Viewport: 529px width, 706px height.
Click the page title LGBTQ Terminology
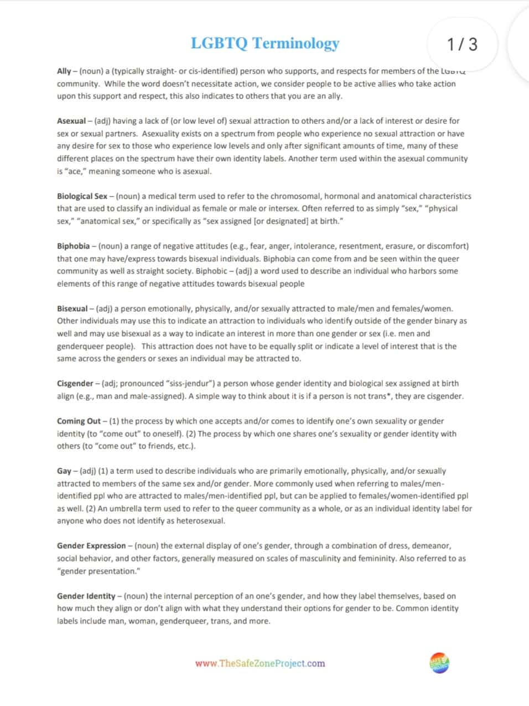tap(264, 43)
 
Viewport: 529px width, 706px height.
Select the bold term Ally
tap(64, 71)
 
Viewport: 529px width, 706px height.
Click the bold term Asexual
tap(71, 121)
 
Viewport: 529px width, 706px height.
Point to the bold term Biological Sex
tap(82, 196)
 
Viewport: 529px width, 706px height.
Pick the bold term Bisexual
tap(72, 308)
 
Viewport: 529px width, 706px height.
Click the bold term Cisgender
tap(75, 383)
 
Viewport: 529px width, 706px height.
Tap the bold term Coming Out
tap(79, 421)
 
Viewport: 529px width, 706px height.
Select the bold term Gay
tap(64, 471)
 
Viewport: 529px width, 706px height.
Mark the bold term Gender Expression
tap(91, 545)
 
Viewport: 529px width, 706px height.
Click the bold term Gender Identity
tap(86, 596)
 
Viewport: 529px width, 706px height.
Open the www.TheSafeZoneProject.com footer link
tap(260, 663)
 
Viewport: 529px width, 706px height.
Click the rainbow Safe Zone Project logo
tap(439, 663)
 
